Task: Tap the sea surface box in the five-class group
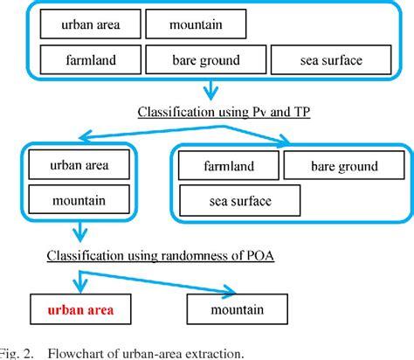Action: pyautogui.click(x=326, y=62)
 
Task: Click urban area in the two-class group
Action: pyautogui.click(x=80, y=163)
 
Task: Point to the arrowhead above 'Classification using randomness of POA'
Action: pyautogui.click(x=79, y=237)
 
